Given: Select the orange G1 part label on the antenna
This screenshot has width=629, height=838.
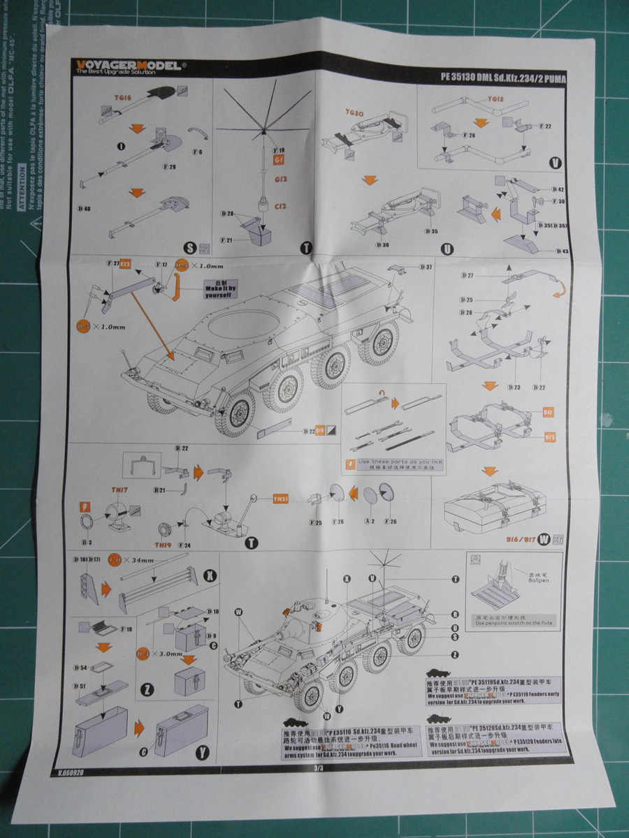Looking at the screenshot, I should (280, 160).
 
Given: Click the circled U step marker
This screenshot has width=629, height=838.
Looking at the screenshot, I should (447, 249).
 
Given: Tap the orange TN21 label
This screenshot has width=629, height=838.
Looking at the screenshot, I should (280, 499).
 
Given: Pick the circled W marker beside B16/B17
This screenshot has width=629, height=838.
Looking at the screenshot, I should (543, 538).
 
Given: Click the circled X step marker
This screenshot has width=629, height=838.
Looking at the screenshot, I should (207, 576).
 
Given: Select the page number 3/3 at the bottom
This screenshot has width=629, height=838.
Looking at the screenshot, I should (319, 768).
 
